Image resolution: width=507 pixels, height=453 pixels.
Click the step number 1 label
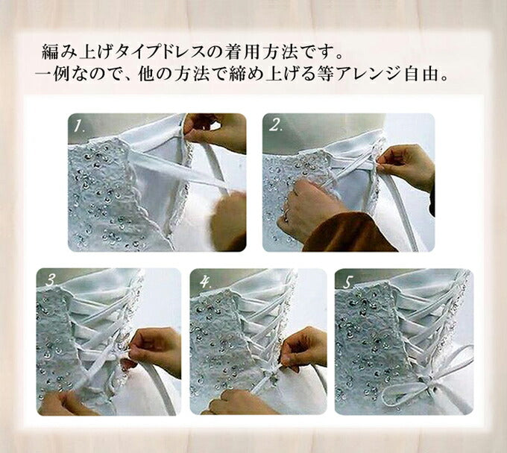pyautogui.click(x=79, y=126)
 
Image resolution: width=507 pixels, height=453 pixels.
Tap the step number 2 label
pyautogui.click(x=275, y=125)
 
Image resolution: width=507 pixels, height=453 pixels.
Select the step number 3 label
pyautogui.click(x=51, y=280)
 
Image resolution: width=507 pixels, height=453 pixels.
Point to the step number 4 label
pyautogui.click(x=205, y=282)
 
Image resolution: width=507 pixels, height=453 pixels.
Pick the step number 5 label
pyautogui.click(x=348, y=282)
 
